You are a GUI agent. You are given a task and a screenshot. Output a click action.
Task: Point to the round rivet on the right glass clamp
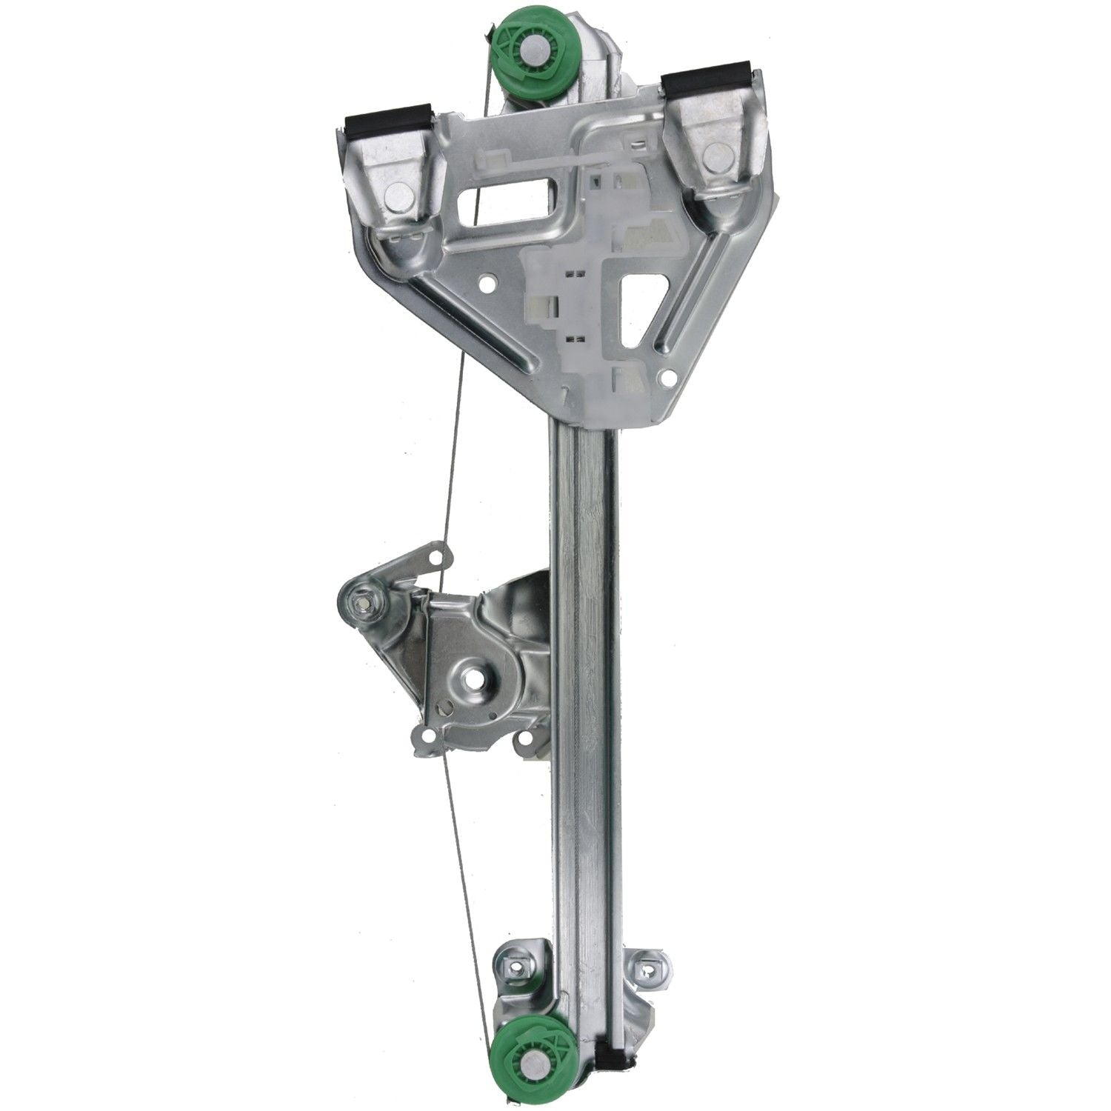(715, 157)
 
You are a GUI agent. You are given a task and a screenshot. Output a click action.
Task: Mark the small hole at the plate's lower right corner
(670, 378)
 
